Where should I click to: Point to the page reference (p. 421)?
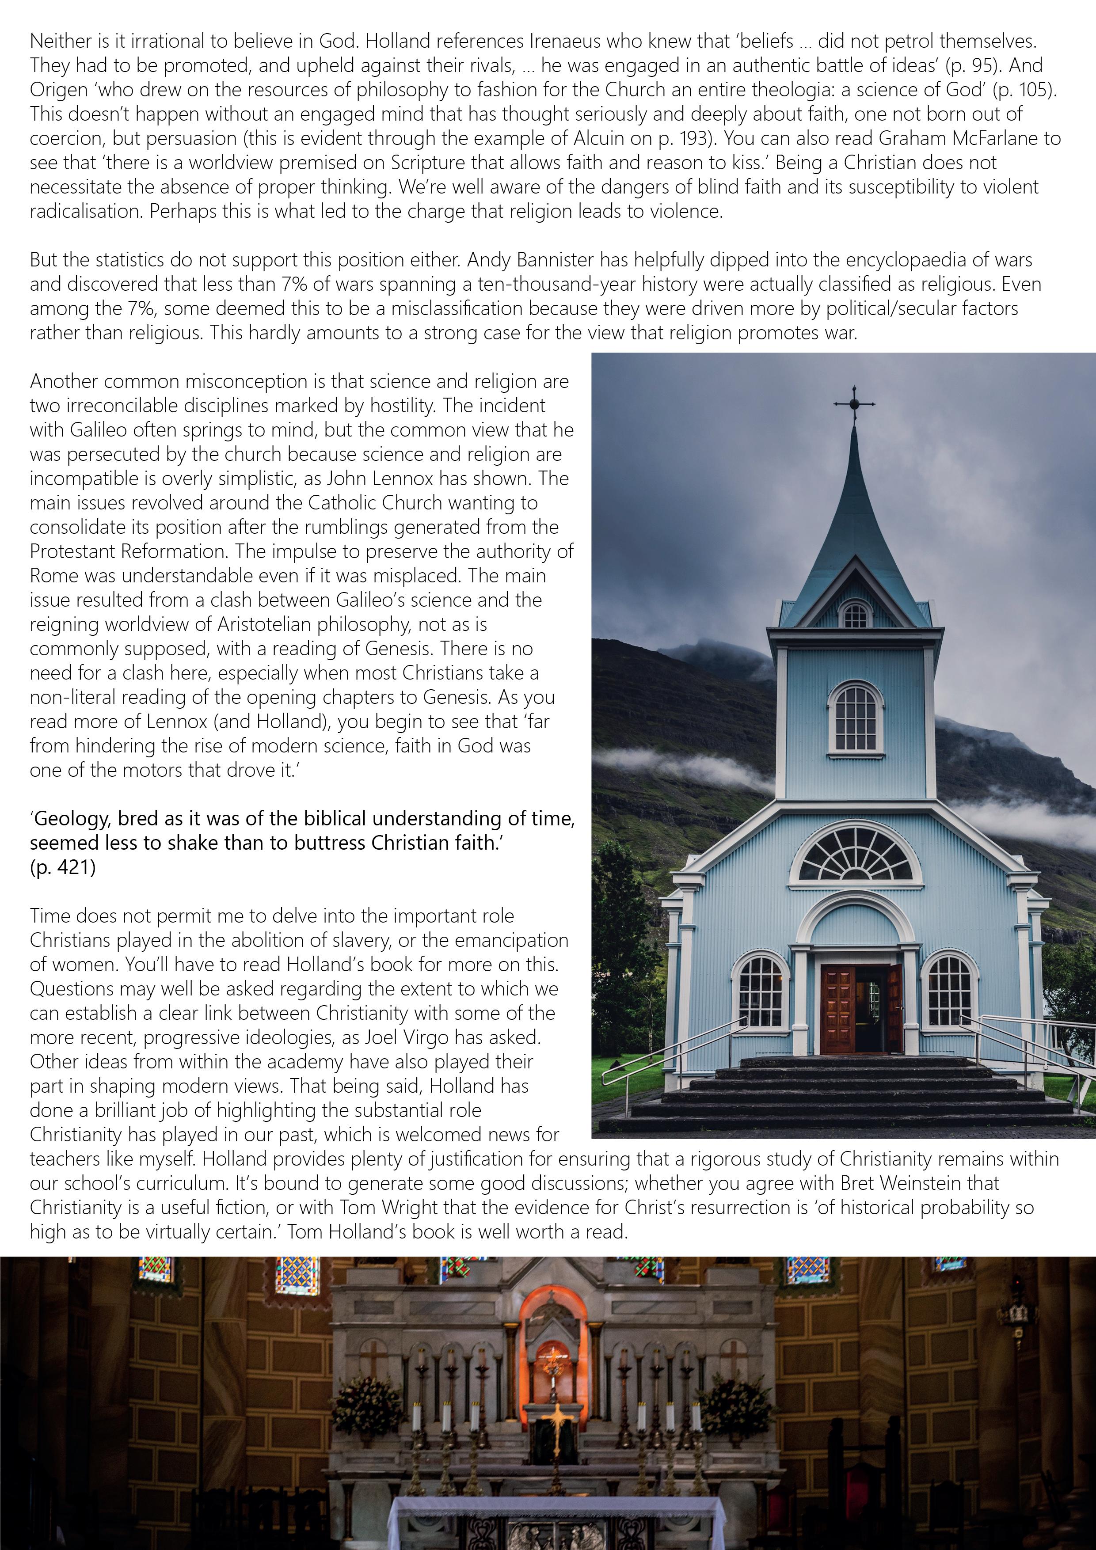[x=62, y=867]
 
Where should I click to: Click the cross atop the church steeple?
[x=854, y=404]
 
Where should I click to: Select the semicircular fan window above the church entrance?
[x=856, y=855]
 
